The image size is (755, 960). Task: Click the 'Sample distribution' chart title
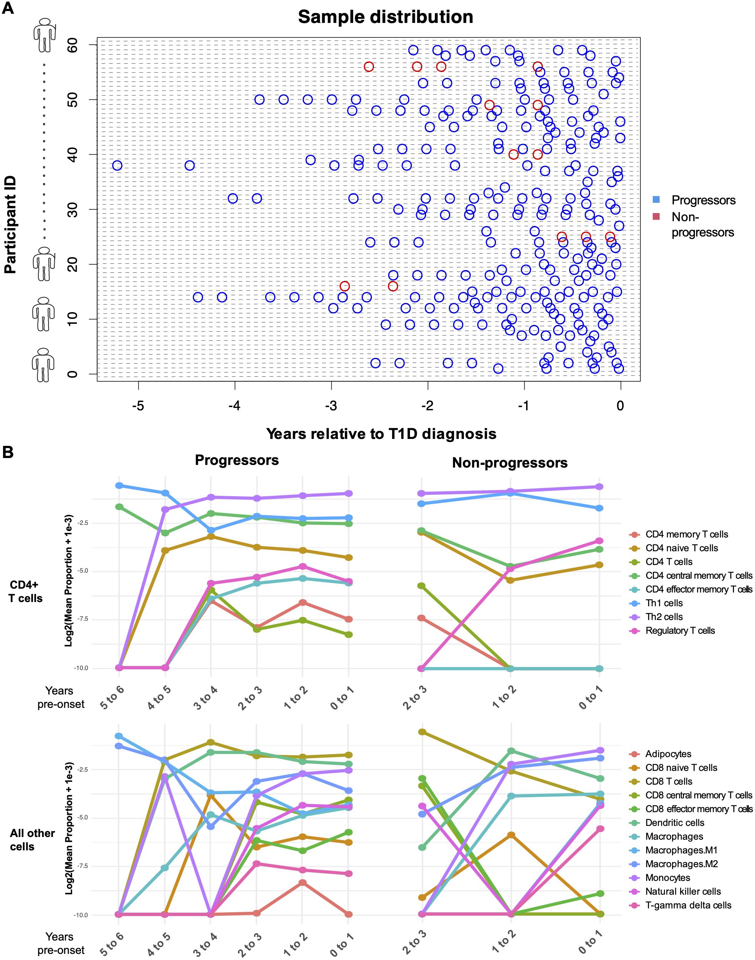[386, 17]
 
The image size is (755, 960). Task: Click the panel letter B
[8, 452]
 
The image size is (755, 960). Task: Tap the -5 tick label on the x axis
[138, 406]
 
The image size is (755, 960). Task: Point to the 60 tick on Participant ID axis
[72, 45]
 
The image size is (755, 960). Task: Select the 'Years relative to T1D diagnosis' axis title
[381, 434]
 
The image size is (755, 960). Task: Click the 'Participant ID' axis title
[10, 225]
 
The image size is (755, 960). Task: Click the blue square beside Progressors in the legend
[656, 200]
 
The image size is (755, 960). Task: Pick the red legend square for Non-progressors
[656, 217]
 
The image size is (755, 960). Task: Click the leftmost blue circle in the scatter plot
[117, 165]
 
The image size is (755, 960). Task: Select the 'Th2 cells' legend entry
[664, 617]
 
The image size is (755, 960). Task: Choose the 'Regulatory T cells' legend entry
[680, 630]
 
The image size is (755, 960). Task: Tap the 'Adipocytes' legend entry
[668, 754]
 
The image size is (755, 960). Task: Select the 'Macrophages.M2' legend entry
[681, 864]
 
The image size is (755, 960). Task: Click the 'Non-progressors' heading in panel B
[510, 463]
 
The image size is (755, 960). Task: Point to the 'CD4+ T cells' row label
[26, 591]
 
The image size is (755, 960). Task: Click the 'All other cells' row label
[32, 840]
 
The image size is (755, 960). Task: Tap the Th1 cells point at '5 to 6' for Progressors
[119, 485]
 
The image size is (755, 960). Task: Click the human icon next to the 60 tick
[44, 34]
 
